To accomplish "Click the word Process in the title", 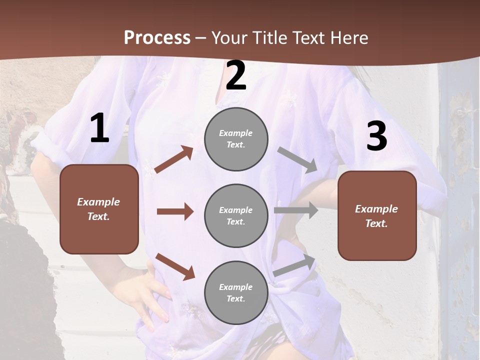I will (x=157, y=37).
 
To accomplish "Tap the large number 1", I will (x=99, y=128).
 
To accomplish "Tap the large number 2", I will (x=236, y=75).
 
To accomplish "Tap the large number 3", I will (x=376, y=136).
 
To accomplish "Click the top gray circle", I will (x=236, y=139).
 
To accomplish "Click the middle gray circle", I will (x=236, y=215).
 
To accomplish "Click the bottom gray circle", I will (x=236, y=292).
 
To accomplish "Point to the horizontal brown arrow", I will (x=175, y=211).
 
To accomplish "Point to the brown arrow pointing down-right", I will (x=175, y=266).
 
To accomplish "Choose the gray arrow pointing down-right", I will (x=297, y=160).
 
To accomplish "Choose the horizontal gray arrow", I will (x=296, y=210).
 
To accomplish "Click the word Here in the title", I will (x=348, y=37).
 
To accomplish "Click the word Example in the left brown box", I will (x=98, y=202).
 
